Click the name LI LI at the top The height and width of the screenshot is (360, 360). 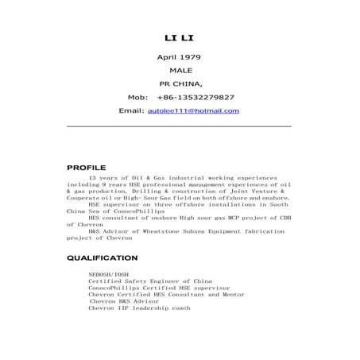180,37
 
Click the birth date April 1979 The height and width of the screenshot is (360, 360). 180,57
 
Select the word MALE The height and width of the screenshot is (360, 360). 180,71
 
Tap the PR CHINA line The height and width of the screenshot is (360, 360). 180,83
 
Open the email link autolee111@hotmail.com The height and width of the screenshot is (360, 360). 194,110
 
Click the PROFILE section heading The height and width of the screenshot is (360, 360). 86,168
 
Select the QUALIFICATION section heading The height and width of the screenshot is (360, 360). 103,258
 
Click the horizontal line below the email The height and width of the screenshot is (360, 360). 180,126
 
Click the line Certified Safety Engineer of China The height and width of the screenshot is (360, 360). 150,281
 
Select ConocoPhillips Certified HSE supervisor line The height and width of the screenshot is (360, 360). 159,288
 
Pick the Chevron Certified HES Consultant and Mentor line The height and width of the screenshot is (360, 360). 168,294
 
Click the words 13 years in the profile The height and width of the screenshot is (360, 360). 103,178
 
